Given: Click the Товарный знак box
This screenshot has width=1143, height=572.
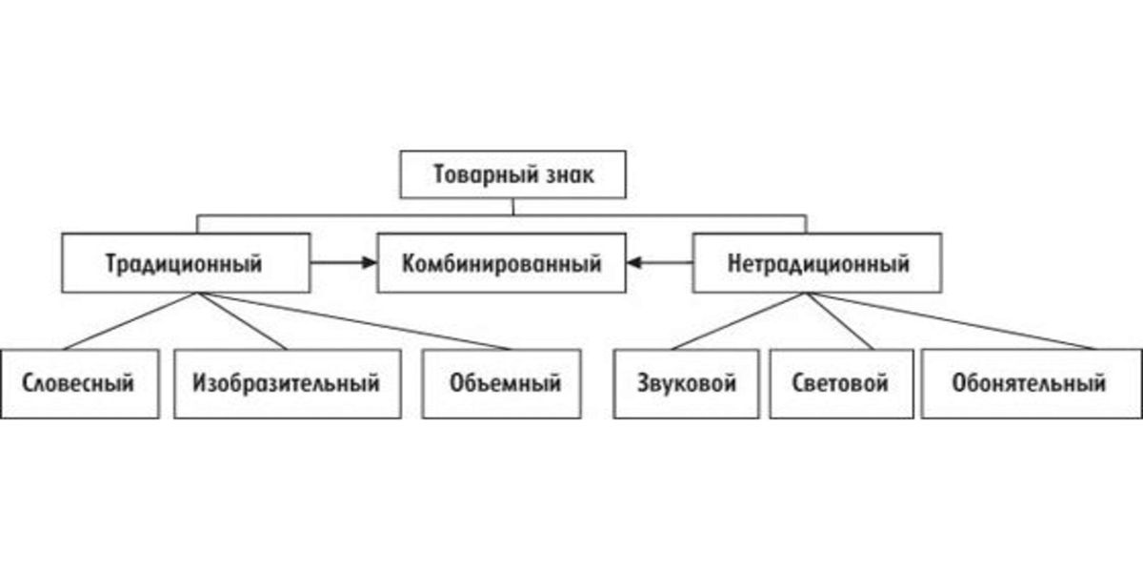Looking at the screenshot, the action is [512, 174].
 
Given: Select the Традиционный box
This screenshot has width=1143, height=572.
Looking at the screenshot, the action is [186, 263].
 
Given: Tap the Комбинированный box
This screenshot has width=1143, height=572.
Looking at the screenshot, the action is [502, 263].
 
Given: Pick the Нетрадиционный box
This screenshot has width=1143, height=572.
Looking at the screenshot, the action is [817, 263].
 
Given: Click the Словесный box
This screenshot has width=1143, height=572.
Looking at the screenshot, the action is [79, 383].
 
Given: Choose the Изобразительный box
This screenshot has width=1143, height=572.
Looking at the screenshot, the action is [288, 383].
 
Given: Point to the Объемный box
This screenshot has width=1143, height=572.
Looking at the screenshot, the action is [502, 383].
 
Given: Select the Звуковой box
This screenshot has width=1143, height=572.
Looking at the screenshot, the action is [687, 383].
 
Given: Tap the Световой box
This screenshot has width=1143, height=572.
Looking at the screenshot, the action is [841, 383].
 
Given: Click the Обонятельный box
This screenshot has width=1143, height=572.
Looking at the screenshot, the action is [1032, 383].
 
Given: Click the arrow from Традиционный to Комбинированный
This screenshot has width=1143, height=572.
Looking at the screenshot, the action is [344, 262].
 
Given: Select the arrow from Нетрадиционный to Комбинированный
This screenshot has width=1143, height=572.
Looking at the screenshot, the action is [660, 262].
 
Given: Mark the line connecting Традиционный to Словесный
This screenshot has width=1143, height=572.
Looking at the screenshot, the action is [130, 321].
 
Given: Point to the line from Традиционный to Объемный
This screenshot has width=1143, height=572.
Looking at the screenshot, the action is [354, 321].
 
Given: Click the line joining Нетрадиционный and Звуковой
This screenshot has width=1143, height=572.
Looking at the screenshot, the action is [739, 321].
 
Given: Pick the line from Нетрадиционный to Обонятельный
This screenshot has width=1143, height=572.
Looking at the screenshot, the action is [952, 321].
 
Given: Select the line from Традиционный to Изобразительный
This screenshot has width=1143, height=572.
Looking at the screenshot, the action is [242, 321].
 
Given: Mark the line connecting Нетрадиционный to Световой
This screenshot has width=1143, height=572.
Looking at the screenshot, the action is [840, 321].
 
